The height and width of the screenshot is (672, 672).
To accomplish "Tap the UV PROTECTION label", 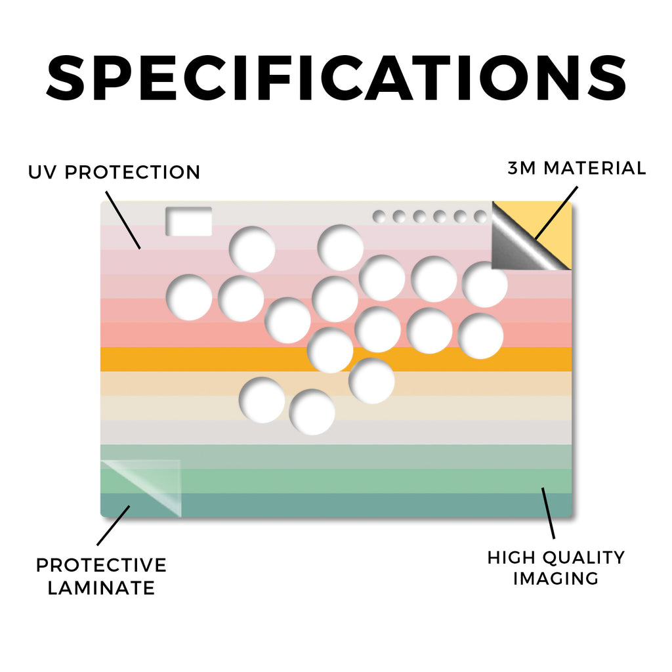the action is pos(114,173).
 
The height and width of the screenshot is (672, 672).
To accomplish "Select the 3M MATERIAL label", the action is pos(576,168).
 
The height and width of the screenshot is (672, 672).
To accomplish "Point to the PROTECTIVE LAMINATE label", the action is pos(101,576).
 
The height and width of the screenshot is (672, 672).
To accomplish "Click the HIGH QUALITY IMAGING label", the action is pos(556,568).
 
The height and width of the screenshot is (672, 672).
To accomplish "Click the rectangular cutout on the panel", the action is pos(188,221).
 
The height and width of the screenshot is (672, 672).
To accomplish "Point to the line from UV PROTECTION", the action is pos(123,220).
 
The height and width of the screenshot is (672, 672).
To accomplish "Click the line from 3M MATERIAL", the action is pos(556,213).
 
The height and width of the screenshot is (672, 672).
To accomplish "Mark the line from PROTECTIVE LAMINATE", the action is pos(113,526).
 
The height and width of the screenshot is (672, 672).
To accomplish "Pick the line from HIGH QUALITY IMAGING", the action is pos(548,513).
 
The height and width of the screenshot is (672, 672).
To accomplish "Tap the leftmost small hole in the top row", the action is pos(379,217).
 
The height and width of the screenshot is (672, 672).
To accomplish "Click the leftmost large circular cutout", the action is pos(189,297).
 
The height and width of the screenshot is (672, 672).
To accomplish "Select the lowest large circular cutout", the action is pos(312,412).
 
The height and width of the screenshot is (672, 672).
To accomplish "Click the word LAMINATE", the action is pos(101,588).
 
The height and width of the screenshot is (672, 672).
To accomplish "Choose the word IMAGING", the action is pos(556,579).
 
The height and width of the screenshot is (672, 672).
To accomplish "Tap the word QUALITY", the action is pos(583,558).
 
